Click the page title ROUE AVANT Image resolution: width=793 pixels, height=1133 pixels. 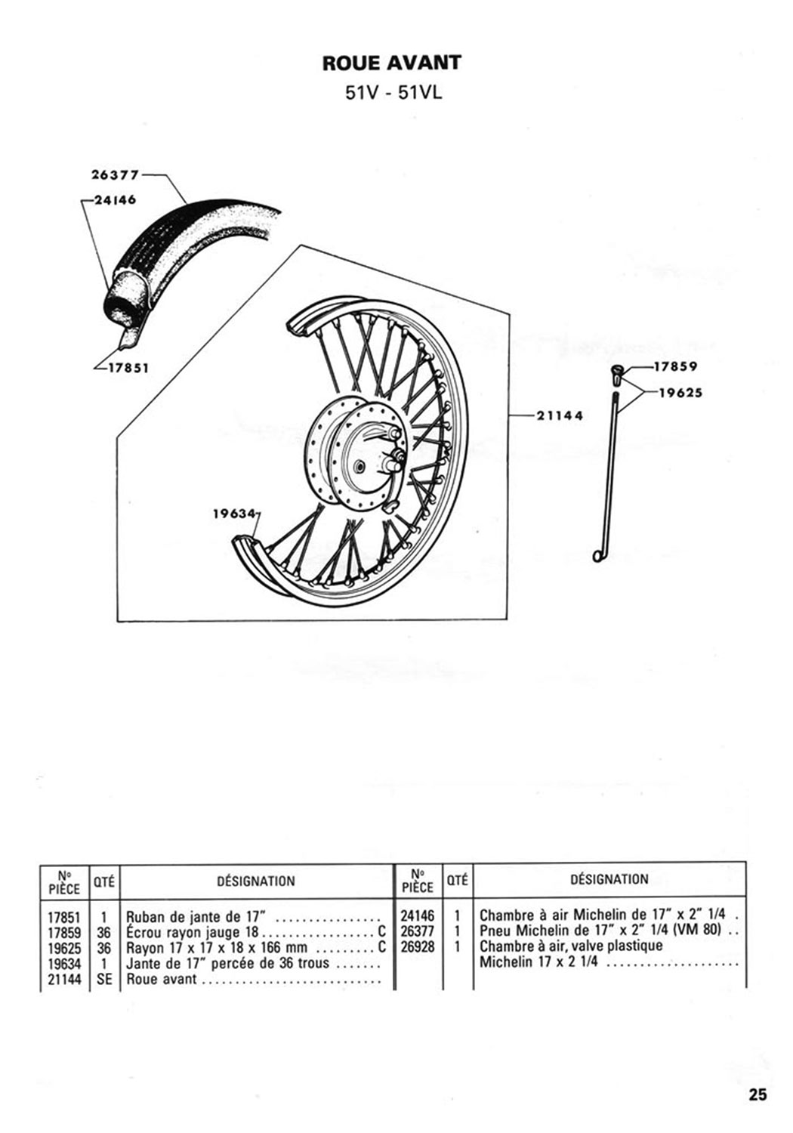point(392,63)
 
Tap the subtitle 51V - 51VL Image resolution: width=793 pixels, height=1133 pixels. point(393,93)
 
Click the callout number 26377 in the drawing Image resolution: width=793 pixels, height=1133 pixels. point(115,175)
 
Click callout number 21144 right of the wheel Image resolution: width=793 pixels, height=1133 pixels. point(560,415)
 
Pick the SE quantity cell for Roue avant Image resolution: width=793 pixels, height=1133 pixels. point(104,979)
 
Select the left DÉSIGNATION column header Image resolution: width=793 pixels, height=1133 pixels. point(256,881)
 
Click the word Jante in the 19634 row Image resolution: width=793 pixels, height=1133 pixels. point(141,962)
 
